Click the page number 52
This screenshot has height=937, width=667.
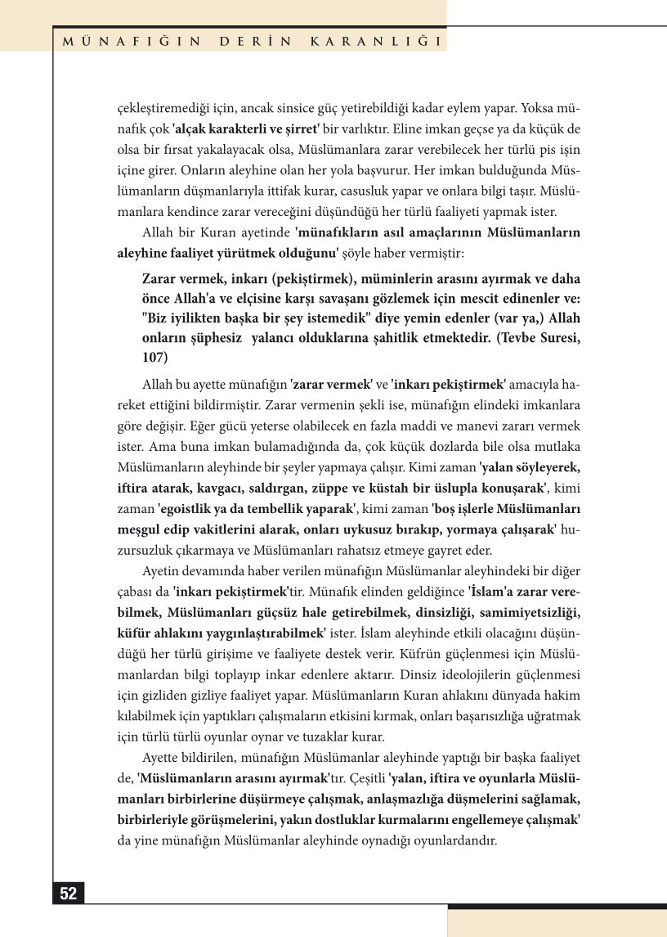tap(69, 894)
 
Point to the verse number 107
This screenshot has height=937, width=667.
tap(154, 358)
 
